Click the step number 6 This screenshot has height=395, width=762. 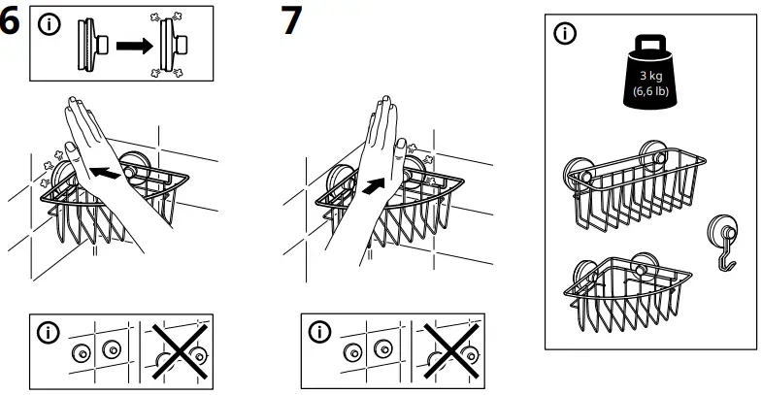point(12,23)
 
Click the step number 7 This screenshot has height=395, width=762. point(290,21)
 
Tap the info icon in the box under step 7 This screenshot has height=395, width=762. point(318,332)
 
